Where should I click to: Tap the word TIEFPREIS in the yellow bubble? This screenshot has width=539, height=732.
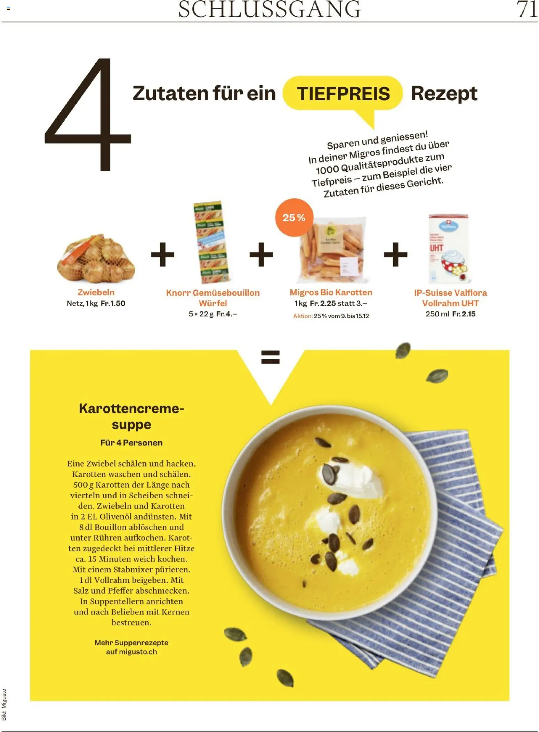click(x=343, y=94)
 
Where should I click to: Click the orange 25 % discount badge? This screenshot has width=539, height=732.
click(x=294, y=218)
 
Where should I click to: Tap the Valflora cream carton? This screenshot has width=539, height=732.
click(x=449, y=249)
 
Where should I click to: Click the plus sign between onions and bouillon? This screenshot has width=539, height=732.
click(x=162, y=255)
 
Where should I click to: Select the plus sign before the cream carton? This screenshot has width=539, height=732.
click(x=395, y=255)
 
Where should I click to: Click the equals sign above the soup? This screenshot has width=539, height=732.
click(x=270, y=357)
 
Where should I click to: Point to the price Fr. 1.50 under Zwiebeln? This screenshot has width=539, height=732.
click(x=113, y=304)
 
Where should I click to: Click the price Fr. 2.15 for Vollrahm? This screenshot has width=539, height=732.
click(x=464, y=314)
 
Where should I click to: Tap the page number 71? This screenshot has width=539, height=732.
click(x=527, y=9)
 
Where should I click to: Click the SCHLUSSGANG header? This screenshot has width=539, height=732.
click(x=269, y=9)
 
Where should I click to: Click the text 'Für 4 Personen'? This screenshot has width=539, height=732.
click(x=131, y=443)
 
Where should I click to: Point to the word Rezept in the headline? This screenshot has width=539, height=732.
click(x=444, y=94)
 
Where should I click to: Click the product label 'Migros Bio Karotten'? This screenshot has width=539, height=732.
click(x=331, y=292)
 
